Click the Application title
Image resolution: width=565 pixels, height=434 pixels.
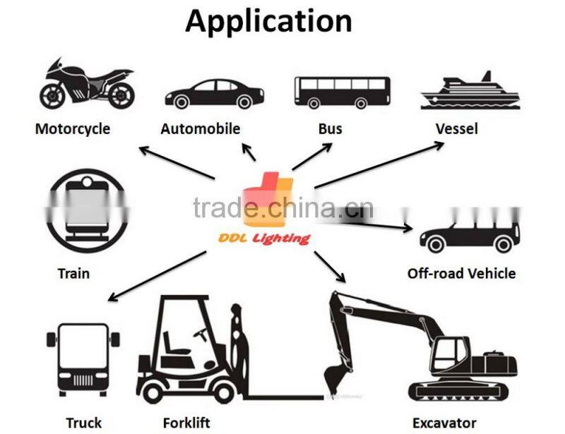click(x=268, y=21)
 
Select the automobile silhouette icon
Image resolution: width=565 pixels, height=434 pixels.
click(x=214, y=94)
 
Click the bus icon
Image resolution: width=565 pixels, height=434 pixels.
click(x=341, y=92)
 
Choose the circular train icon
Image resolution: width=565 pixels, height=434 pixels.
click(x=86, y=210)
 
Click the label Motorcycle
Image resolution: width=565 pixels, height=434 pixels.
click(x=73, y=129)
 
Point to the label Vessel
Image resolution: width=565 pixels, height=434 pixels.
click(x=456, y=129)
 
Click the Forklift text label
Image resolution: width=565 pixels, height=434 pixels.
click(x=186, y=423)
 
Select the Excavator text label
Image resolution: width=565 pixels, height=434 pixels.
click(x=444, y=423)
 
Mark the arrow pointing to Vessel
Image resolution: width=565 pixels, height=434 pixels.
click(x=381, y=165)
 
